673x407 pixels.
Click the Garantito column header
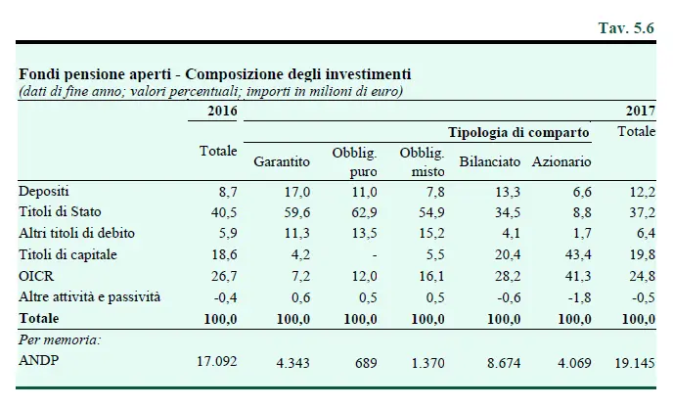[x=282, y=160]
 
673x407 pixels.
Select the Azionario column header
[x=561, y=160]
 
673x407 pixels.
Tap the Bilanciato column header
[x=489, y=160]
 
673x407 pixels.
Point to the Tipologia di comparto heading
[x=518, y=132]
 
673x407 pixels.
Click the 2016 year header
[x=222, y=110]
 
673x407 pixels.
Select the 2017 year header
[x=640, y=110]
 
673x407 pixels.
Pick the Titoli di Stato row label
[x=60, y=211]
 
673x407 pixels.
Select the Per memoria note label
[x=58, y=339]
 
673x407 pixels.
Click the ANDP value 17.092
[x=217, y=360]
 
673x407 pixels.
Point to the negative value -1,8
[x=578, y=296]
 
